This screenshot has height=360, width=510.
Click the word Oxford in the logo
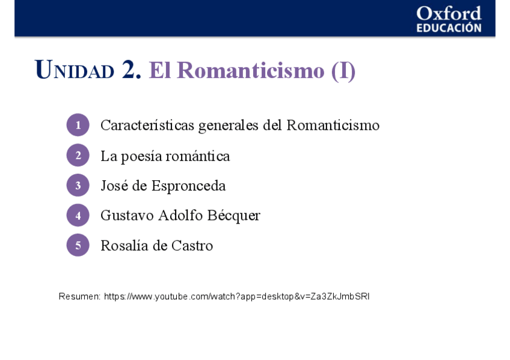point(449,14)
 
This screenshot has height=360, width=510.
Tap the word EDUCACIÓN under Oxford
point(449,28)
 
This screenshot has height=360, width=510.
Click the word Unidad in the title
point(75,71)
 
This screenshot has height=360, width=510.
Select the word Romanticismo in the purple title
point(250,71)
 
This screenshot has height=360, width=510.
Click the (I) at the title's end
point(343,71)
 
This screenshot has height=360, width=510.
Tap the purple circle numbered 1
point(78,125)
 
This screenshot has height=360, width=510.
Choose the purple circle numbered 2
point(78,156)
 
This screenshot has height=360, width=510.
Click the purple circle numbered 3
point(78,186)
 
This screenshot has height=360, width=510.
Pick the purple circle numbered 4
point(78,215)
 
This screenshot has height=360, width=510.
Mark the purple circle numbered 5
point(78,245)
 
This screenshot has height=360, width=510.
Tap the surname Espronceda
point(188,186)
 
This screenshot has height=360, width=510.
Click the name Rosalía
point(122,246)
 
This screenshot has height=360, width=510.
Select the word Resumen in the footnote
point(79,296)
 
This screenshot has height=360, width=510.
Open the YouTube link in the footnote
point(236,296)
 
